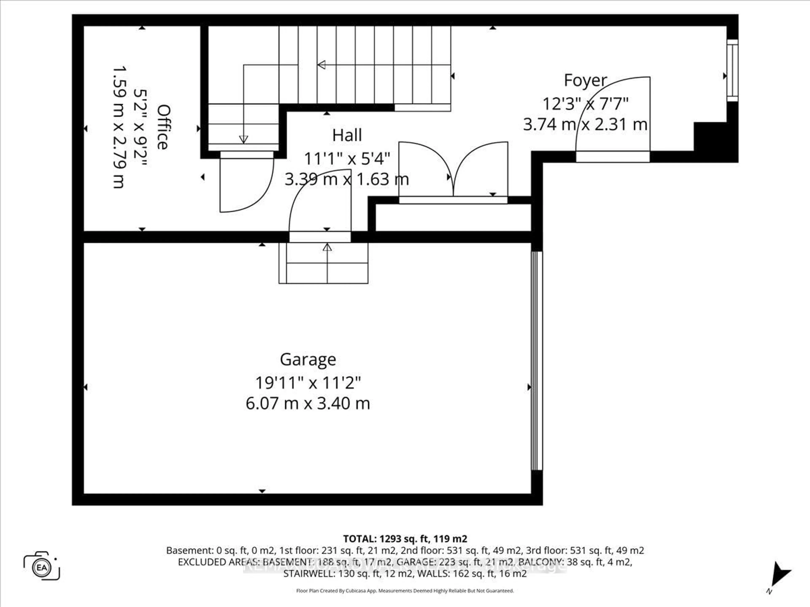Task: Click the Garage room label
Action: click(x=308, y=360)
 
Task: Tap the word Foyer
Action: click(x=585, y=81)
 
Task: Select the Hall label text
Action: click(x=347, y=135)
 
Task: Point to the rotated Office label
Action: click(x=163, y=127)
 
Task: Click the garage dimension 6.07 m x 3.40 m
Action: click(x=308, y=404)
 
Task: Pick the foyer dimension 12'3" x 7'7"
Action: click(x=585, y=104)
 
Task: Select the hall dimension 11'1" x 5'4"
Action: click(x=347, y=159)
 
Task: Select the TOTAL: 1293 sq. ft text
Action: click(x=405, y=539)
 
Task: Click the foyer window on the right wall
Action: click(x=732, y=70)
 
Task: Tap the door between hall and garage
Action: click(x=320, y=205)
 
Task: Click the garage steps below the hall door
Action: click(x=323, y=263)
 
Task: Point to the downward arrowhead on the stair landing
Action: click(x=243, y=139)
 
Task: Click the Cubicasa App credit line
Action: click(x=405, y=591)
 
